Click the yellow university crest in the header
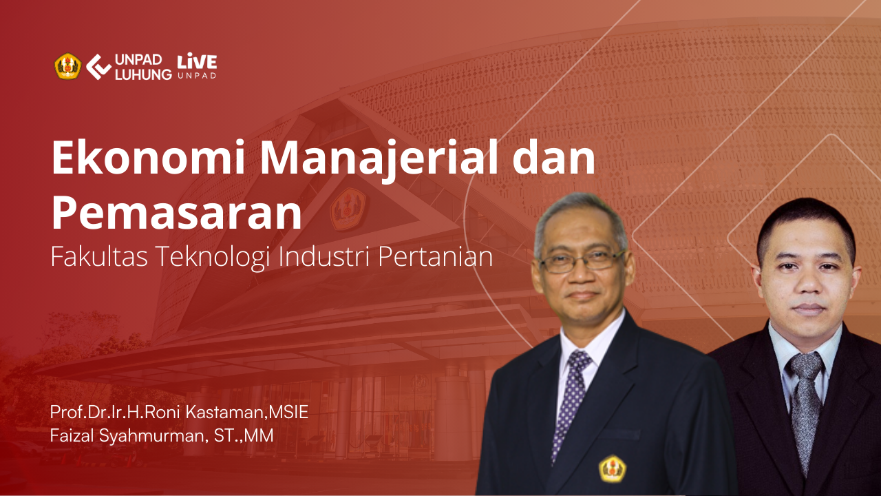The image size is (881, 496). coord(67,66)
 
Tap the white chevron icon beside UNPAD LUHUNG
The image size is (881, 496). coord(98,67)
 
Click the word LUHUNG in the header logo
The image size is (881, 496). coord(143,74)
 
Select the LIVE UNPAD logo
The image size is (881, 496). coord(197,65)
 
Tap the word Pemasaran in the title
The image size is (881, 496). coord(177,213)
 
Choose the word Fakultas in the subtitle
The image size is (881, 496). coord(99,256)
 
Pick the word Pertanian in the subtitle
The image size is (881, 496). coord(436,257)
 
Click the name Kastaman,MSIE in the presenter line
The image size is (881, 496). coord(246,412)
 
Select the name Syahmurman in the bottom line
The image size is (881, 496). coord(153,437)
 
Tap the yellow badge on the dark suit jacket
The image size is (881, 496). coord(613,469)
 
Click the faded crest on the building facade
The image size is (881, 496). coord(348,209)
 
